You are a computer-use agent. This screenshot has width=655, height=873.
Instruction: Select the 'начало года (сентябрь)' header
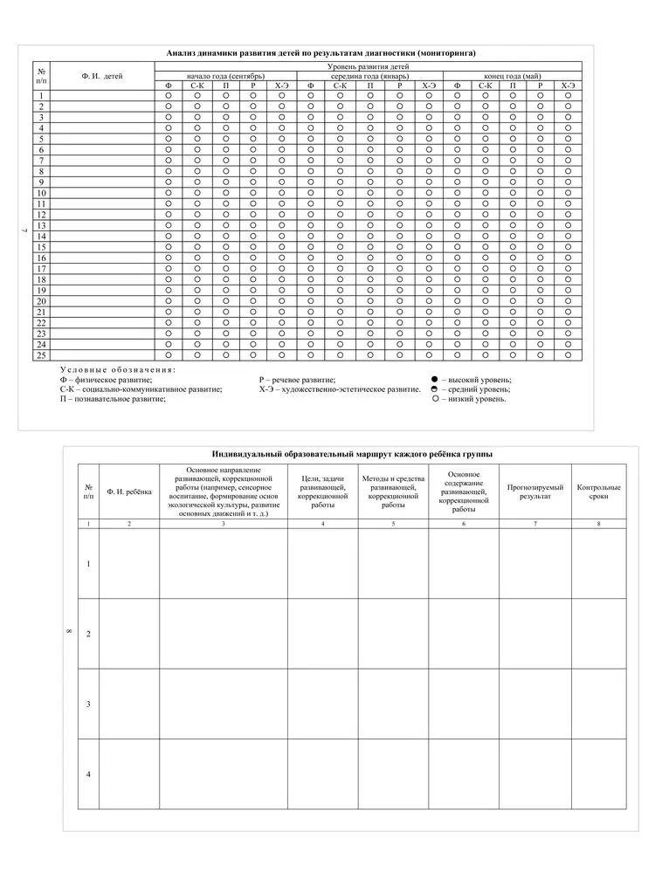(x=226, y=76)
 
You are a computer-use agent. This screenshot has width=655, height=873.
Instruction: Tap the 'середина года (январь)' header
(x=369, y=76)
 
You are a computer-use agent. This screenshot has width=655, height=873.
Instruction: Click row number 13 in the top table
(x=41, y=225)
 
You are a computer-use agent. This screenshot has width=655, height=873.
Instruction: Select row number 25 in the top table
(x=41, y=355)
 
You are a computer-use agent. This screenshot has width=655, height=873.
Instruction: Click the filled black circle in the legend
(x=435, y=380)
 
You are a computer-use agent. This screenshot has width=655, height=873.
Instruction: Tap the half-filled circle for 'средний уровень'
(x=435, y=389)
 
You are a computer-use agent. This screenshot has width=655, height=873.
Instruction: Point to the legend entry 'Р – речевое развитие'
(x=297, y=380)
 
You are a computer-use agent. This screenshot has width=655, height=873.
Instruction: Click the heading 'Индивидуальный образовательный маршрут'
(x=351, y=455)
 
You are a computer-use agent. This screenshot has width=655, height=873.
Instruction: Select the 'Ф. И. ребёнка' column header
(x=128, y=491)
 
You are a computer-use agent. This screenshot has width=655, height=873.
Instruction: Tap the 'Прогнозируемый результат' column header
(x=534, y=491)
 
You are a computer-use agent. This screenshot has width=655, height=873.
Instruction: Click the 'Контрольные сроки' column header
(x=598, y=491)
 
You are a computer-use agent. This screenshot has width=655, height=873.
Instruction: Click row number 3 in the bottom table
(x=89, y=704)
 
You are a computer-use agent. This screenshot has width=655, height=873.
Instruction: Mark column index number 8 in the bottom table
(x=598, y=523)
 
